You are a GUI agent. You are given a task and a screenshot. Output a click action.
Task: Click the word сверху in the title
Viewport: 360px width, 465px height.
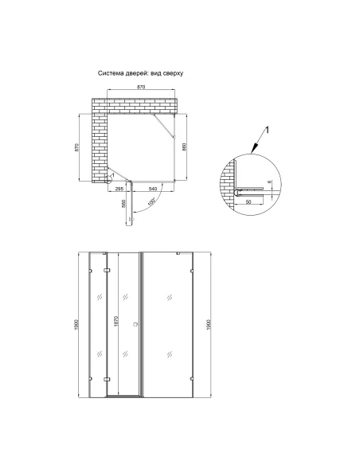click(x=173, y=73)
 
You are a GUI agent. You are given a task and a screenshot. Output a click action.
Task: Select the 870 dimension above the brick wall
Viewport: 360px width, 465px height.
click(x=141, y=87)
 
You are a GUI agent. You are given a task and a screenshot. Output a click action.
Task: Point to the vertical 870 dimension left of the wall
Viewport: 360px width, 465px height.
click(x=76, y=147)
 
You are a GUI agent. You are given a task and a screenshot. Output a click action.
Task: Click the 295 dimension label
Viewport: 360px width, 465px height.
click(x=119, y=189)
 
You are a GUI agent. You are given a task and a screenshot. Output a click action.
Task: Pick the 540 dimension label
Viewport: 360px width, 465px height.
click(x=152, y=189)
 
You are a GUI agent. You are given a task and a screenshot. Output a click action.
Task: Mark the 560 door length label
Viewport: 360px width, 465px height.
click(x=124, y=204)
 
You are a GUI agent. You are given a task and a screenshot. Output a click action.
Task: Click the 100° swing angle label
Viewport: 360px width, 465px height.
click(x=151, y=201)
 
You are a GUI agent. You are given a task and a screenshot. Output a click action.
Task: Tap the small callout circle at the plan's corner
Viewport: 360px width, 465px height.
click(x=108, y=179)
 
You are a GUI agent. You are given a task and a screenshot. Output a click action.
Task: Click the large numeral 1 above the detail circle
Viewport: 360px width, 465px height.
click(x=267, y=130)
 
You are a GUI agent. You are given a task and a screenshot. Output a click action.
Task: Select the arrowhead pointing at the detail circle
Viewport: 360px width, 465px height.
click(x=253, y=150)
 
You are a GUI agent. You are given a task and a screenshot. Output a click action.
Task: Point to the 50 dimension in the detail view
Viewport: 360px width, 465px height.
click(x=248, y=201)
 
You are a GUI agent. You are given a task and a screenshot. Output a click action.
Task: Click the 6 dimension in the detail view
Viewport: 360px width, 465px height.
click(x=269, y=182)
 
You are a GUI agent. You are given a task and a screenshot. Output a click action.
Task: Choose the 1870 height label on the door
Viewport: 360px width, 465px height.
click(x=116, y=322)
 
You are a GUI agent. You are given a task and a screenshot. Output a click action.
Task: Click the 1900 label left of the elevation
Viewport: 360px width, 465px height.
click(x=76, y=324)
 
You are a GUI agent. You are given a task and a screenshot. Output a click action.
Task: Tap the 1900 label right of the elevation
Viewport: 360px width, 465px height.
click(x=208, y=324)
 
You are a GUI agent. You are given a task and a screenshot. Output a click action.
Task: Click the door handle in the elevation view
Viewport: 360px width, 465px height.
click(x=136, y=324)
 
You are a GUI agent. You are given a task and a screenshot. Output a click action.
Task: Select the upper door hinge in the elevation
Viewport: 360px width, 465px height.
click(x=107, y=270)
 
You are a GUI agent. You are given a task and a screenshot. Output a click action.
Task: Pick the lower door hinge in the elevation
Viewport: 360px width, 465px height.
click(x=107, y=379)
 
